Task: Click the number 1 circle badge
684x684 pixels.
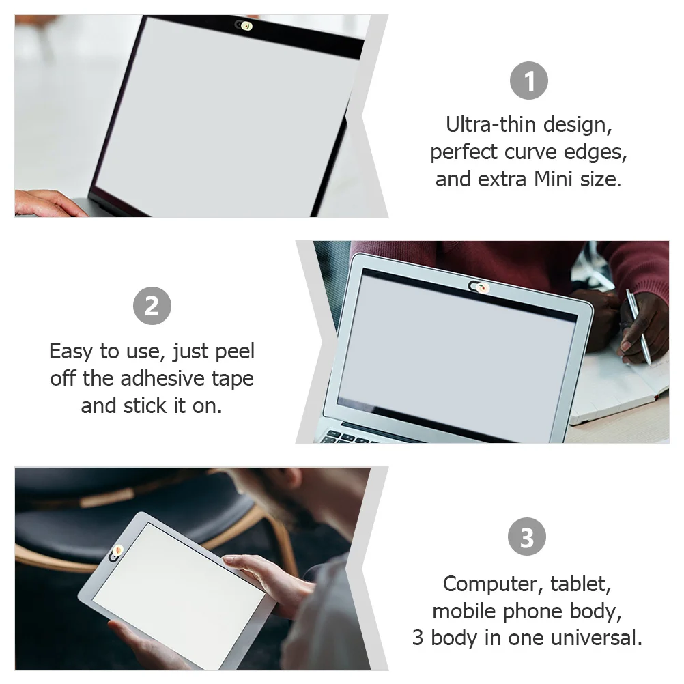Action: (x=529, y=81)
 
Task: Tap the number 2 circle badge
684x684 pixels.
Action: (x=152, y=305)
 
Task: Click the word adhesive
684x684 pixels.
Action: (x=165, y=378)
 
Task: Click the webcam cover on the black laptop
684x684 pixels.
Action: (x=244, y=26)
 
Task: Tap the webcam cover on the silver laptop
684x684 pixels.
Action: (x=477, y=285)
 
